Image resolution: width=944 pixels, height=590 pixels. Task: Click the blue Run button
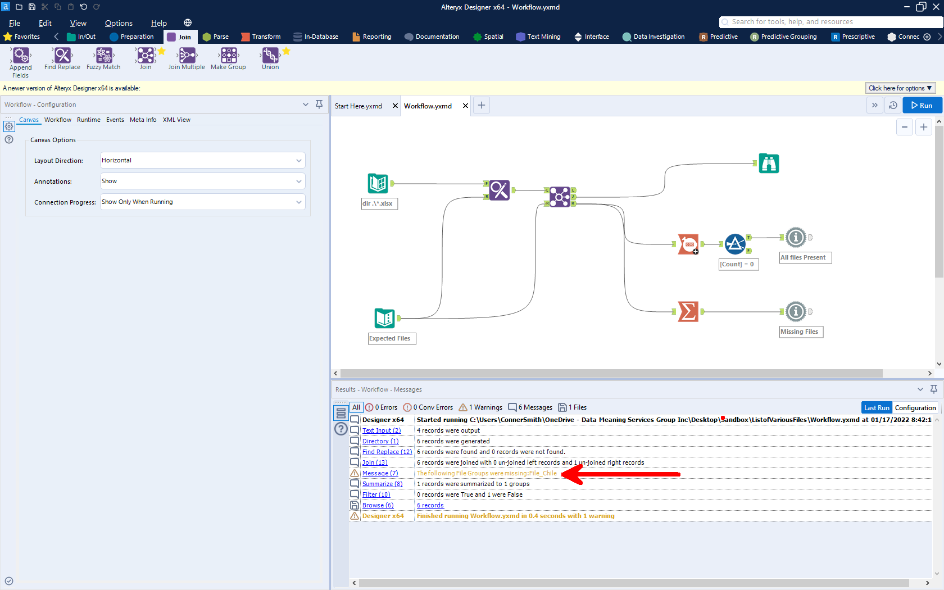click(x=922, y=106)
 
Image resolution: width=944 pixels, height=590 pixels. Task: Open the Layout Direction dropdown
click(x=202, y=160)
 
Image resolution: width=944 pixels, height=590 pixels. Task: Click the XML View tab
click(x=176, y=120)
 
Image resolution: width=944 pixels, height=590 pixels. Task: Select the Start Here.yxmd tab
click(x=358, y=106)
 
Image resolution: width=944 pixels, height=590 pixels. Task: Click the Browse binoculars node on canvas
click(x=769, y=164)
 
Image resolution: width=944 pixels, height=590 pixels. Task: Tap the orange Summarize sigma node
click(x=688, y=311)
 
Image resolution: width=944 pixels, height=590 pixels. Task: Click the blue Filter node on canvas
click(x=735, y=244)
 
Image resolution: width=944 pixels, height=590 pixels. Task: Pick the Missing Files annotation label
click(x=799, y=332)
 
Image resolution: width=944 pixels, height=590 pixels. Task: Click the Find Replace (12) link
click(x=387, y=452)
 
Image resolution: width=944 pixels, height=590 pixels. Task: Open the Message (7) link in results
click(x=380, y=473)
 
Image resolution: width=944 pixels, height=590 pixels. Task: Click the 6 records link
click(x=430, y=505)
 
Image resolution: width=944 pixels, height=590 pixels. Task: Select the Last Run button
click(x=877, y=408)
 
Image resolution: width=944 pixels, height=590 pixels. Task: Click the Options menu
click(x=119, y=23)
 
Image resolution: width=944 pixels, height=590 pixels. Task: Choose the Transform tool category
click(x=261, y=37)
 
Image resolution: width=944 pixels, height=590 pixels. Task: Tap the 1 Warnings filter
click(x=481, y=407)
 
